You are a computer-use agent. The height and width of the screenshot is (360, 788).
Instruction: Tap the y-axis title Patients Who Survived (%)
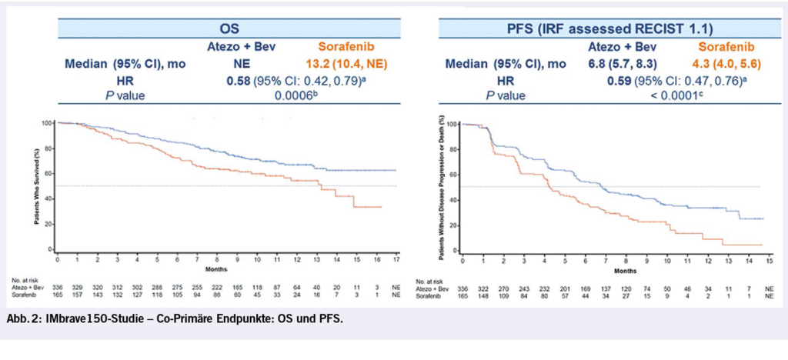pyautogui.click(x=36, y=185)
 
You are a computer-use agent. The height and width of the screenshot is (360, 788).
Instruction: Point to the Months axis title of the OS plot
pyautogui.click(x=215, y=268)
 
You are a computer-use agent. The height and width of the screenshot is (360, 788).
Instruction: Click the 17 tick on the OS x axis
pyautogui.click(x=396, y=259)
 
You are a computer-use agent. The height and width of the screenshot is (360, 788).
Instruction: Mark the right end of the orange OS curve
pyautogui.click(x=381, y=207)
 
